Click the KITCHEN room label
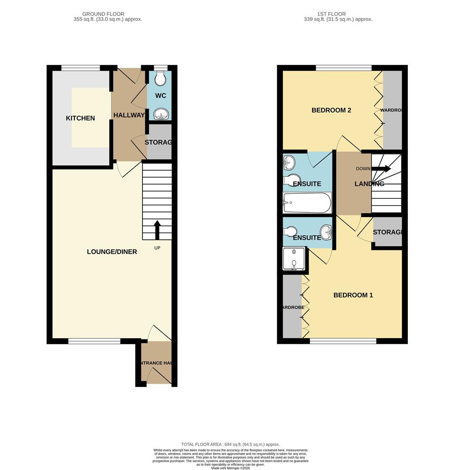(80, 118)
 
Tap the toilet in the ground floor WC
(160, 79)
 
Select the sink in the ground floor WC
(161, 114)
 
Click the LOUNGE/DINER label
(112, 252)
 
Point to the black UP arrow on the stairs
(157, 230)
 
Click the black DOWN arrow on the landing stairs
(380, 169)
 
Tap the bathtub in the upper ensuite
(306, 203)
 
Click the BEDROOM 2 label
(331, 110)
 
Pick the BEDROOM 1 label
(353, 295)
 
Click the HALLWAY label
(129, 115)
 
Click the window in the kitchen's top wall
(81, 67)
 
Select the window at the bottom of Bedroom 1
(343, 341)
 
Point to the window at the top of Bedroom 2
(343, 67)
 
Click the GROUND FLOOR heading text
(103, 14)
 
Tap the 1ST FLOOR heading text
(331, 14)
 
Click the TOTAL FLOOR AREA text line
(230, 444)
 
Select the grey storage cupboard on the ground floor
(159, 142)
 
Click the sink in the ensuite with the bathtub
(288, 163)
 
